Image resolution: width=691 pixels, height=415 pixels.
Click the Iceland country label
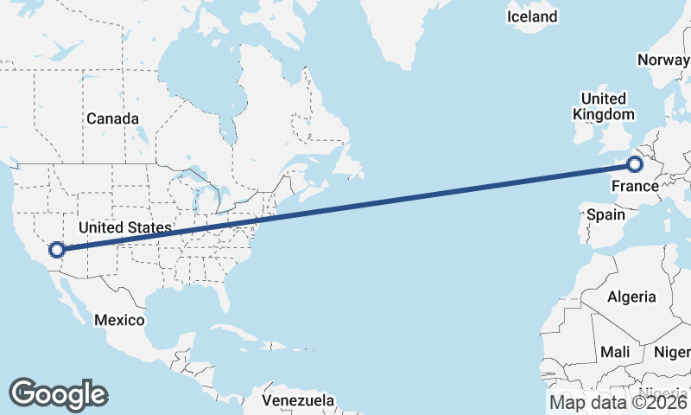point(532,16)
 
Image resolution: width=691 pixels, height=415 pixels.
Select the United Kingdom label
point(604,106)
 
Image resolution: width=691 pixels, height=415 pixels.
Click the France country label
point(635,187)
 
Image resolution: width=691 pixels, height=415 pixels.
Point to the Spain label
point(605,214)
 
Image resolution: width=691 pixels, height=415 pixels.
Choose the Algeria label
point(631,297)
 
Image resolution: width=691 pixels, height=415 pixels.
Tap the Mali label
point(615,352)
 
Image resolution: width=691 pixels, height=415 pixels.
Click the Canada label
point(112,118)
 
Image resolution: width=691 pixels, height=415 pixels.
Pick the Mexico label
point(119,320)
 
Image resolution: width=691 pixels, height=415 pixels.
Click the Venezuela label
point(298,401)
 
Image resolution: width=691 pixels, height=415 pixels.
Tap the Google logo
point(58,394)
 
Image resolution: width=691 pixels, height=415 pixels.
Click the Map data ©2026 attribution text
point(618,402)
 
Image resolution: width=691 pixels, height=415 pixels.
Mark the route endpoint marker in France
point(636,163)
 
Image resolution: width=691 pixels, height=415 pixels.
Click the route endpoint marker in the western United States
point(57,250)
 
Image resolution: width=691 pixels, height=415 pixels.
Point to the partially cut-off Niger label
point(673,352)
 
